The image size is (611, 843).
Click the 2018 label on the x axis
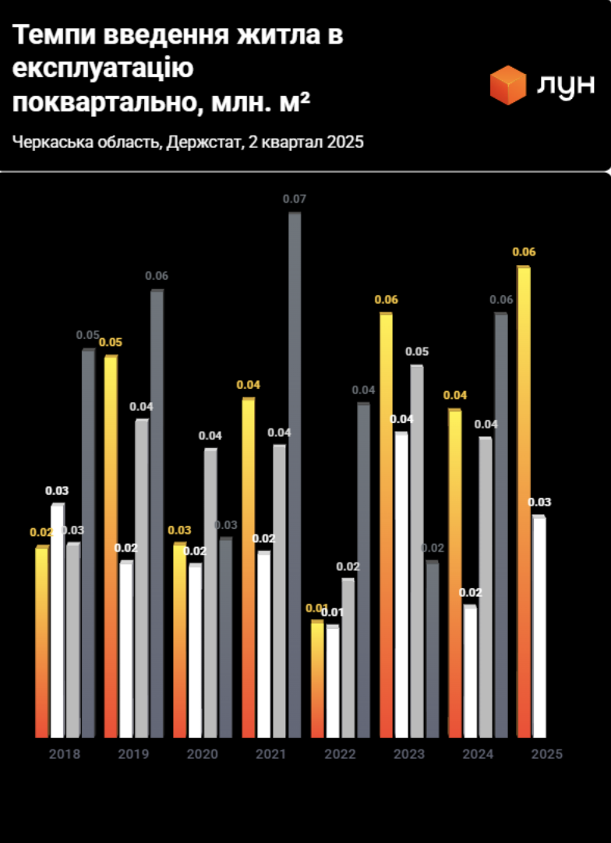[64, 754]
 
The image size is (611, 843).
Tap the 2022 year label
[340, 754]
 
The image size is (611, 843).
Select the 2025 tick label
[546, 754]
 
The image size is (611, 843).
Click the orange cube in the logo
[508, 85]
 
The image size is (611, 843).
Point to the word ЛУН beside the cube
[566, 86]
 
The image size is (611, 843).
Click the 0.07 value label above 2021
[295, 199]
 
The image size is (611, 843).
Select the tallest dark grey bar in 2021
[295, 475]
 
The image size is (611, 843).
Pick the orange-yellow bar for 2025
[524, 503]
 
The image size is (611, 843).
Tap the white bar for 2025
[539, 627]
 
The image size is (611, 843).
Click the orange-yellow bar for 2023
[386, 526]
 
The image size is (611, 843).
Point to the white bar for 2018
[57, 621]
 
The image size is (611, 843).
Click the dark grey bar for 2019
[157, 514]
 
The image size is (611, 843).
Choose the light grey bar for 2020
[210, 593]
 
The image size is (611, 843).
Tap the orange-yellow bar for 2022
[317, 679]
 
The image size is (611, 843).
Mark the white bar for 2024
[470, 672]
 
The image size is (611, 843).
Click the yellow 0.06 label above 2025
[524, 252]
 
